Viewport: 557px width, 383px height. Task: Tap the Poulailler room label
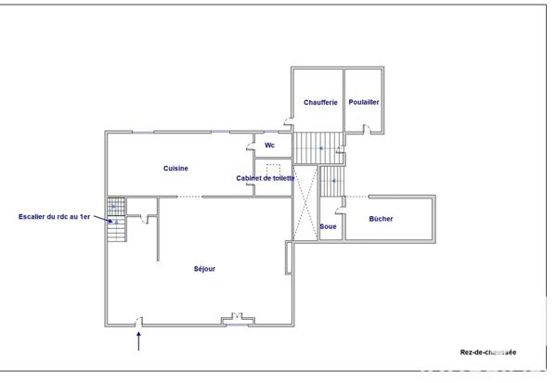click(x=364, y=102)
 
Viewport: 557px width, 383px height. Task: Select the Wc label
click(x=269, y=146)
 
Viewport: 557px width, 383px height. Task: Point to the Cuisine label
click(x=176, y=168)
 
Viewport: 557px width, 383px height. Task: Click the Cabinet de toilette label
click(x=266, y=178)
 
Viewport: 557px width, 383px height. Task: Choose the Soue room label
click(x=328, y=226)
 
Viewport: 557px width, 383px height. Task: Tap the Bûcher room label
click(x=381, y=220)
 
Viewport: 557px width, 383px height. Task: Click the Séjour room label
click(x=204, y=269)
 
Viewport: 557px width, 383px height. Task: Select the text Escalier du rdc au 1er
click(x=55, y=217)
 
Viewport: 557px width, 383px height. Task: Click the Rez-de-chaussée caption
click(x=488, y=352)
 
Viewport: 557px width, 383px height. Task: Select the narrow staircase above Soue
click(x=332, y=181)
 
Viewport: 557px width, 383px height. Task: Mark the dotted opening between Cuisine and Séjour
click(x=188, y=197)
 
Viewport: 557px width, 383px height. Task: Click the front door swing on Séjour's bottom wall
click(x=138, y=321)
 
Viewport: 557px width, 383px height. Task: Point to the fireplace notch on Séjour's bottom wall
click(x=237, y=319)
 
